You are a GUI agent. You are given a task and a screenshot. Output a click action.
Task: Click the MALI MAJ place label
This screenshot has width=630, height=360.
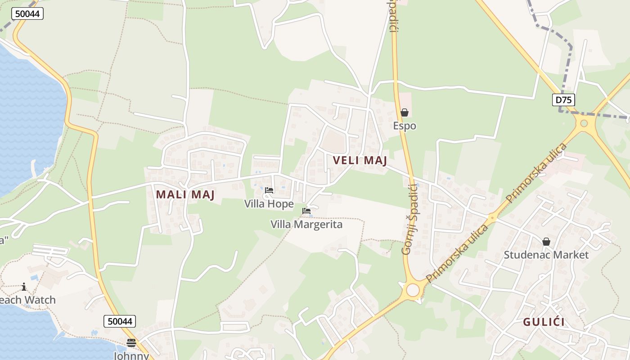(x=185, y=195)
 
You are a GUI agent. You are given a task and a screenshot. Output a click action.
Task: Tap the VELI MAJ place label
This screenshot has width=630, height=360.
(x=360, y=161)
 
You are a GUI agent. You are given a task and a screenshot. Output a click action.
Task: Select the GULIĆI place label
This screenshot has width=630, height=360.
(x=544, y=322)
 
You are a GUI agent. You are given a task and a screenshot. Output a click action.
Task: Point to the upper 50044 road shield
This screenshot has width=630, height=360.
(x=27, y=13)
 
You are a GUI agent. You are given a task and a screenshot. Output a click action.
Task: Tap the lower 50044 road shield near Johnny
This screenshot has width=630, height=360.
(x=120, y=321)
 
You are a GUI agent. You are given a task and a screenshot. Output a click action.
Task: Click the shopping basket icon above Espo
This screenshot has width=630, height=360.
(x=405, y=112)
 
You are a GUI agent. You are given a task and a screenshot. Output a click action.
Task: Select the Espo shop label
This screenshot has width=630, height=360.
(x=405, y=126)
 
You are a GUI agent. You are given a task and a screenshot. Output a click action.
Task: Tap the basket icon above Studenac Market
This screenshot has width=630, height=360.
(x=546, y=242)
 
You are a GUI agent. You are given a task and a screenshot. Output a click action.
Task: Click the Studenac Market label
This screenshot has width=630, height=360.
(x=546, y=255)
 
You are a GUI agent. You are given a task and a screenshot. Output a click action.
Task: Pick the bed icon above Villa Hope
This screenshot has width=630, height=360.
(x=269, y=190)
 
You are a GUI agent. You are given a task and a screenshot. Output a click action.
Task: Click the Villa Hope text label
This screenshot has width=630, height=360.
(x=269, y=204)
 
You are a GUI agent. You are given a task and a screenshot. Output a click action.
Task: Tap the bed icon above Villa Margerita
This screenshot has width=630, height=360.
(x=306, y=211)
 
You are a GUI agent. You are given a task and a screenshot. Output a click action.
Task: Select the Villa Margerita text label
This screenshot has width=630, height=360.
(x=306, y=224)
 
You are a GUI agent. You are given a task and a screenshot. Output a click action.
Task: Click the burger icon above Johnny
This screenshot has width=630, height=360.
(x=131, y=343)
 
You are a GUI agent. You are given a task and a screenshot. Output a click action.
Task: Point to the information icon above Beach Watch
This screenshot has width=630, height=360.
(x=23, y=287)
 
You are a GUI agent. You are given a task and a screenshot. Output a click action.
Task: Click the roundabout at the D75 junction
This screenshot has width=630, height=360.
(x=584, y=123)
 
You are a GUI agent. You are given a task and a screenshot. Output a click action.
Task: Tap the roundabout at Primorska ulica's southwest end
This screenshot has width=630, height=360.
(x=413, y=290)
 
